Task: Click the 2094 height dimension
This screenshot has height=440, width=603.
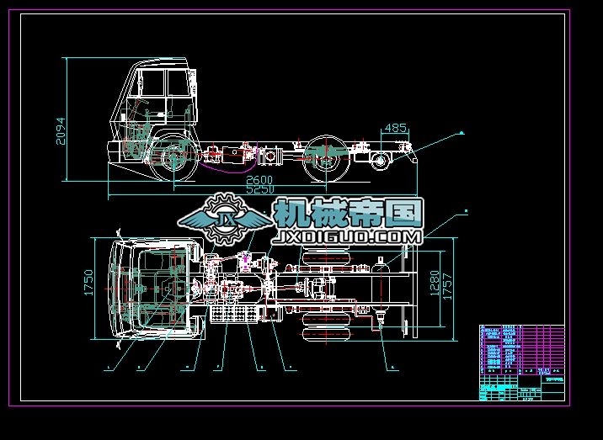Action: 59,130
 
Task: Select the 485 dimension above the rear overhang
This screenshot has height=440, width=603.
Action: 395,128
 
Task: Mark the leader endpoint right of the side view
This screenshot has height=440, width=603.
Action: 462,133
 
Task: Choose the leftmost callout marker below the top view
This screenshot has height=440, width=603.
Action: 107,368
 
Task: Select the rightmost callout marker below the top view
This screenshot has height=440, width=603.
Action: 392,368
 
